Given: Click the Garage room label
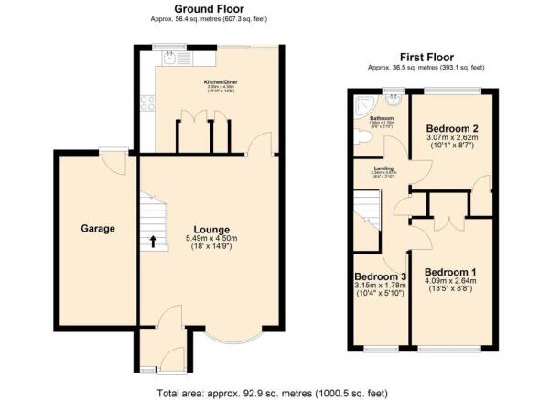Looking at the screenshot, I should [97, 229].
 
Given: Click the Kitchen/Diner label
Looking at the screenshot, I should [219, 81].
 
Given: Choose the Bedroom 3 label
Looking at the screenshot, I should [380, 276].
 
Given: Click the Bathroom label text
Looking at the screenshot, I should [381, 119].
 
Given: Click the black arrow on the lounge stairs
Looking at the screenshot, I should [152, 242].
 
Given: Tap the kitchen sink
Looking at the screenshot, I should [170, 58].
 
